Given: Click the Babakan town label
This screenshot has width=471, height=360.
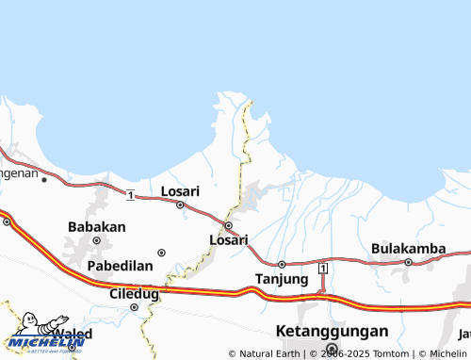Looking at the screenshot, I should click(x=97, y=226).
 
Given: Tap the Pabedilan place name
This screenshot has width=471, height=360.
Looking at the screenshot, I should click(x=120, y=266).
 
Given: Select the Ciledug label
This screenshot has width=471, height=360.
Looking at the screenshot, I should click(x=134, y=293).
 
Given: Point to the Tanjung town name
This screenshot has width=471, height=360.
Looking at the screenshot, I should click(x=282, y=279).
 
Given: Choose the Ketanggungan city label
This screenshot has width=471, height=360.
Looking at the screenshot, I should click(x=332, y=332).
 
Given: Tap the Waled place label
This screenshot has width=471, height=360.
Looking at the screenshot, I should click(x=72, y=335).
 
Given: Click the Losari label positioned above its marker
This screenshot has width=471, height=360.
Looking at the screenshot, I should click(x=180, y=190).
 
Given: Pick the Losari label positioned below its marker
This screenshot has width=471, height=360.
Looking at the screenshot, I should click(x=228, y=239).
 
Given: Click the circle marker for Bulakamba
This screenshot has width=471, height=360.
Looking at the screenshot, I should click(x=408, y=262).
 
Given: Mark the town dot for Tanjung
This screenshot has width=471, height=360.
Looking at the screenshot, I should click(x=281, y=264).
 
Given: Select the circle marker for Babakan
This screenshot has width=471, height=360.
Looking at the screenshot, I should click(x=96, y=240).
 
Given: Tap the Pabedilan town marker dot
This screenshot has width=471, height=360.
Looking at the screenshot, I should click(x=161, y=253).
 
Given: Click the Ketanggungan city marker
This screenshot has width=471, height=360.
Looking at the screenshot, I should click(x=331, y=347).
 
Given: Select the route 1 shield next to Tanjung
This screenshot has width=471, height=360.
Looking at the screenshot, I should click(x=322, y=270).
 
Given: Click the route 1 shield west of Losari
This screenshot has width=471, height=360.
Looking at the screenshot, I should click(x=130, y=194).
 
